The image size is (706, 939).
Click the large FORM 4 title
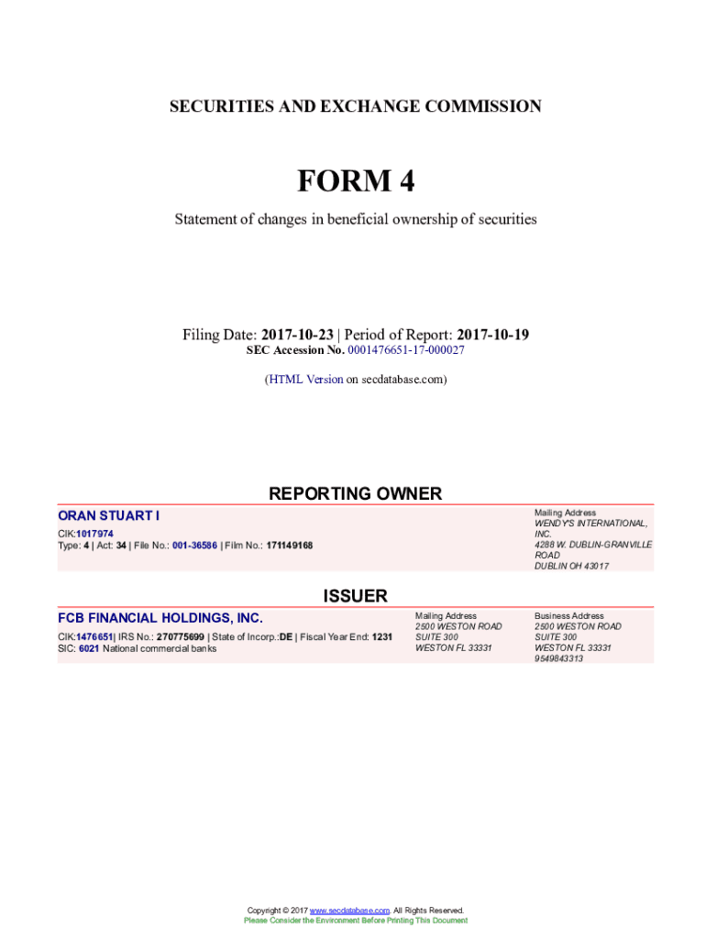[355, 182]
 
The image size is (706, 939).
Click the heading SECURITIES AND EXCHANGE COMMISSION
[355, 107]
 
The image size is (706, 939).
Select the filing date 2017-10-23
[297, 335]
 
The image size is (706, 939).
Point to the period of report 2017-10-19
[492, 335]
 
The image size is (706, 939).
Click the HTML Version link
[305, 379]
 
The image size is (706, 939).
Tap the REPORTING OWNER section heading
[355, 494]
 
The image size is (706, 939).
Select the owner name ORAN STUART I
[108, 517]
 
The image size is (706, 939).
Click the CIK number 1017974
[95, 534]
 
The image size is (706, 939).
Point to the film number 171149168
[289, 546]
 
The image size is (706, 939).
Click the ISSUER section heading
[355, 596]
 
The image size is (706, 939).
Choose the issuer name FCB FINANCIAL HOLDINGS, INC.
[160, 618]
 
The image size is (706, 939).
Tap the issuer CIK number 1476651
[94, 636]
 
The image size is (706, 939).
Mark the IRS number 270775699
[182, 636]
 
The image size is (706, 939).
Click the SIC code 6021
[89, 648]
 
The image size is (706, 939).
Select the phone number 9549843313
[558, 658]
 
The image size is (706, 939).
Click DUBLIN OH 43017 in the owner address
[571, 566]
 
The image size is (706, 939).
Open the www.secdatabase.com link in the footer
[350, 911]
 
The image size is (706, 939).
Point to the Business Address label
[568, 616]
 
